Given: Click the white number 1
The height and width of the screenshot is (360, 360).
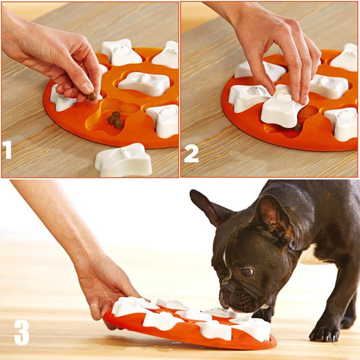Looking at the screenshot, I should (x=7, y=149).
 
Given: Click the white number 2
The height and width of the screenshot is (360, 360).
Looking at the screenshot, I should (x=191, y=153).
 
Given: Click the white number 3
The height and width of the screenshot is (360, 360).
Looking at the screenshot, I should (x=22, y=332).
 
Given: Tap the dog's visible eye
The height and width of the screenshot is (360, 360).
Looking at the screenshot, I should (x=247, y=272).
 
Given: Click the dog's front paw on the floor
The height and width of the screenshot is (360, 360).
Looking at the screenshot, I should (x=324, y=332).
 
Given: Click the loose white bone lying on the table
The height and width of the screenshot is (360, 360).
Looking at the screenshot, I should (x=123, y=160).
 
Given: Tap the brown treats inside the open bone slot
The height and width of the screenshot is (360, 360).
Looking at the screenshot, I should (x=116, y=120).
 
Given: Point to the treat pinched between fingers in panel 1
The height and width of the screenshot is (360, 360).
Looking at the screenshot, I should (x=92, y=96).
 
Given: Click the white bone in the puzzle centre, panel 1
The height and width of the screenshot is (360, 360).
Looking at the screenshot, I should (x=143, y=83).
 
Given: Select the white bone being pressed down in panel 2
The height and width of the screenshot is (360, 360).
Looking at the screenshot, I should (x=282, y=109).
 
